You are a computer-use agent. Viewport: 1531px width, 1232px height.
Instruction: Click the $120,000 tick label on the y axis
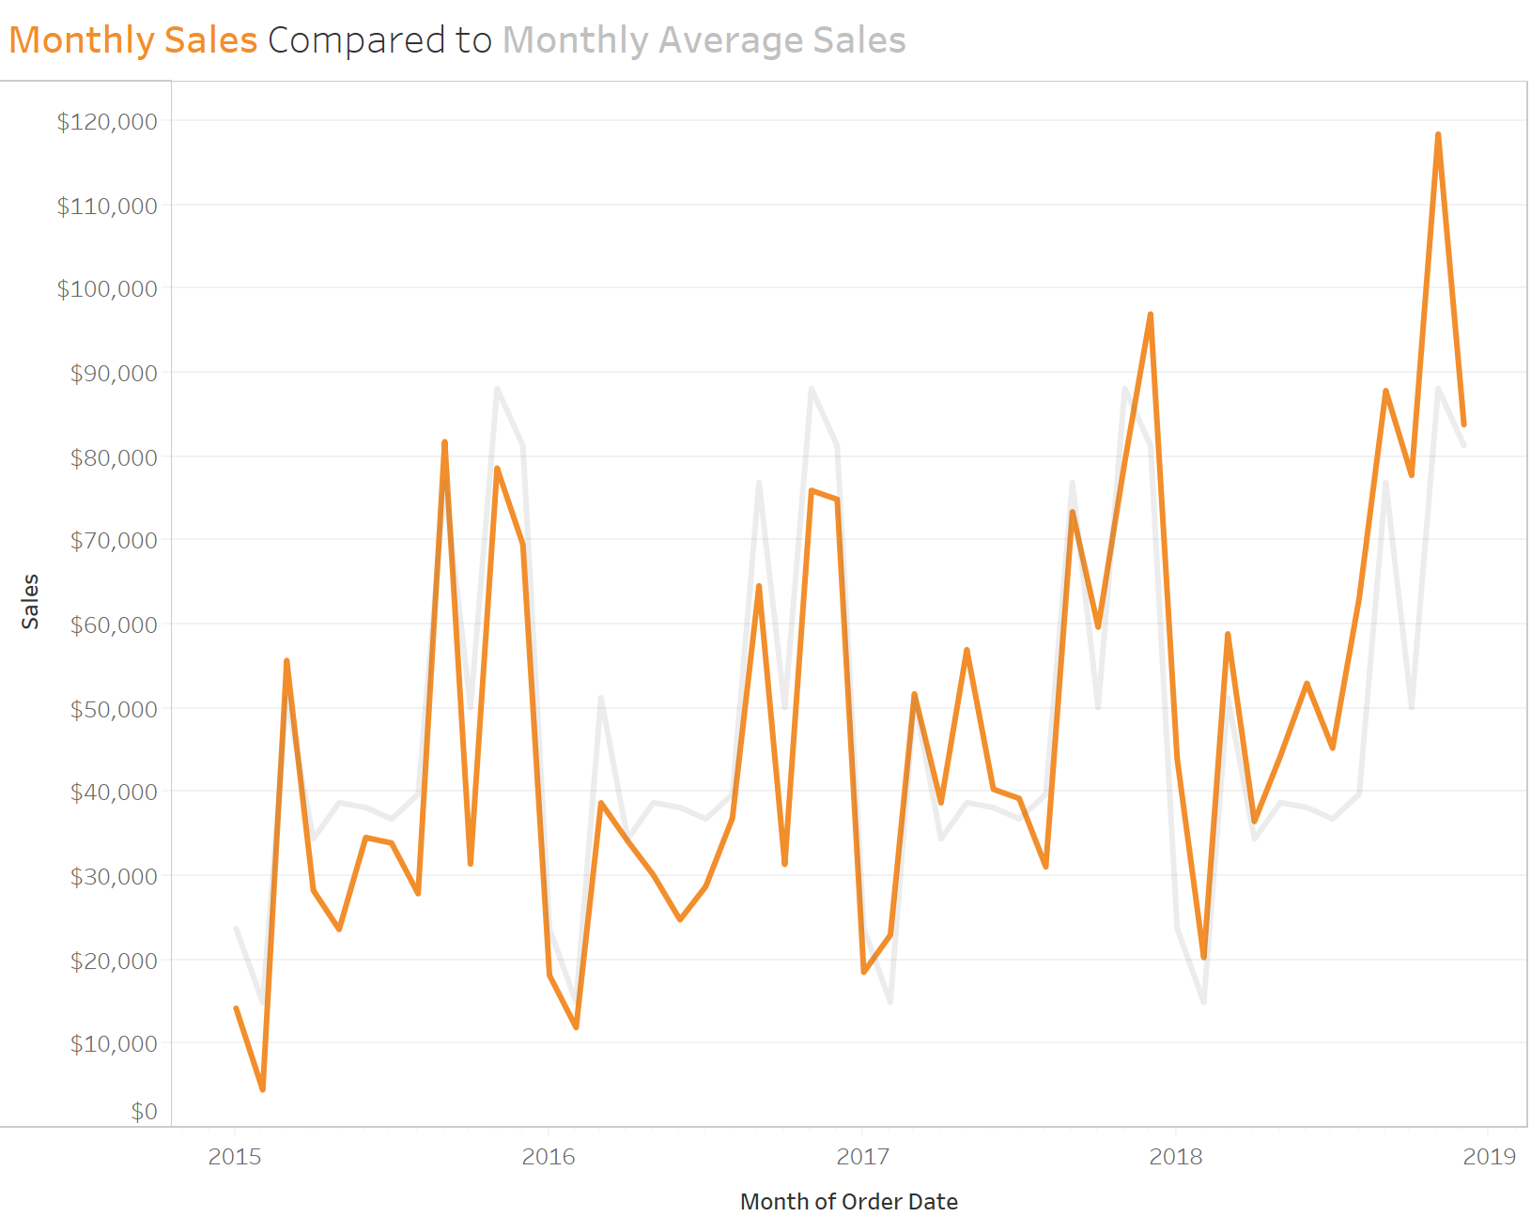[106, 122]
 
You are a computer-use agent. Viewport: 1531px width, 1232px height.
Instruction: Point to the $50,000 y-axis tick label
[113, 709]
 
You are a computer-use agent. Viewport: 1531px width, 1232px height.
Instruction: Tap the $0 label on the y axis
[144, 1112]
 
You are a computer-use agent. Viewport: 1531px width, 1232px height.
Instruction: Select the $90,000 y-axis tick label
[113, 374]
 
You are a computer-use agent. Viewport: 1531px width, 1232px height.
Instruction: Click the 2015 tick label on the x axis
[235, 1157]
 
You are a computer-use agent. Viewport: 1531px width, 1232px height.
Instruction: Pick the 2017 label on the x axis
[862, 1157]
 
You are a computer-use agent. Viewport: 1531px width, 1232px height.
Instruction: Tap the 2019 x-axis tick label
[1489, 1157]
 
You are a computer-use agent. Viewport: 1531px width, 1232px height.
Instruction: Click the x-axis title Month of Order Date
[848, 1202]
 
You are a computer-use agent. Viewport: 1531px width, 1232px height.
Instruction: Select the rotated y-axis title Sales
[31, 601]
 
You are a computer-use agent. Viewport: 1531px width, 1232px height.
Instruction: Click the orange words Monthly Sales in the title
[132, 40]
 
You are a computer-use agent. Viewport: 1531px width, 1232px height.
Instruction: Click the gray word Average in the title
[731, 40]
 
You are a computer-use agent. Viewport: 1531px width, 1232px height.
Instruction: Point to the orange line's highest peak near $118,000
[1438, 135]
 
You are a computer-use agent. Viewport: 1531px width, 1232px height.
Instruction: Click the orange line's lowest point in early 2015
[262, 1089]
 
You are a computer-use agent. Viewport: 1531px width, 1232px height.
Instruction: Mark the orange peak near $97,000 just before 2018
[1151, 315]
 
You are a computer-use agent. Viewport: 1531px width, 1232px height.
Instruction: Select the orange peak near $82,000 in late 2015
[444, 442]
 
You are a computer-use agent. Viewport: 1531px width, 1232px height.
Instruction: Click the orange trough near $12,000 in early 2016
[576, 1027]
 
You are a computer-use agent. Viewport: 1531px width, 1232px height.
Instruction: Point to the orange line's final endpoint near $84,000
[1463, 424]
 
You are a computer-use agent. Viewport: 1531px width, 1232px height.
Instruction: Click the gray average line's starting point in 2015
[236, 929]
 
